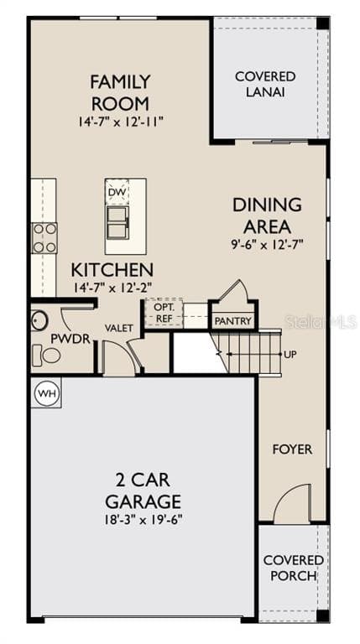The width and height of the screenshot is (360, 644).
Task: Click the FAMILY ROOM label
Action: (120, 92)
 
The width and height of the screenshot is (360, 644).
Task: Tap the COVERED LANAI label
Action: (264, 84)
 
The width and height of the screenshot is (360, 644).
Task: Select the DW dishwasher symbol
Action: (117, 192)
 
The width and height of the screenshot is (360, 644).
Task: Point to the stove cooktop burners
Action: (44, 237)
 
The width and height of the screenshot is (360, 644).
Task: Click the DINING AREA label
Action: (267, 215)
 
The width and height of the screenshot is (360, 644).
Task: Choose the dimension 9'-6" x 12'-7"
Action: (267, 245)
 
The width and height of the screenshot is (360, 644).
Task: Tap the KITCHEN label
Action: (112, 270)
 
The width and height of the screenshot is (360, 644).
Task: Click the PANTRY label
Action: (232, 321)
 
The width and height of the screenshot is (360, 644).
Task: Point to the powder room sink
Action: (39, 320)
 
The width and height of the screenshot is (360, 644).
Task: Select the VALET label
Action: (118, 328)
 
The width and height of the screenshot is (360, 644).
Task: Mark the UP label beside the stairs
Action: (290, 355)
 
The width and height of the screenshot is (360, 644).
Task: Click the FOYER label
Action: (291, 449)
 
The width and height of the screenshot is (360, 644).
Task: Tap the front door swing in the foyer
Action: (295, 503)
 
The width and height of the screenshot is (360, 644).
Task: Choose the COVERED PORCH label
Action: (293, 568)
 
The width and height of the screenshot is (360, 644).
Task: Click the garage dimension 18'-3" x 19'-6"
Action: (143, 519)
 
